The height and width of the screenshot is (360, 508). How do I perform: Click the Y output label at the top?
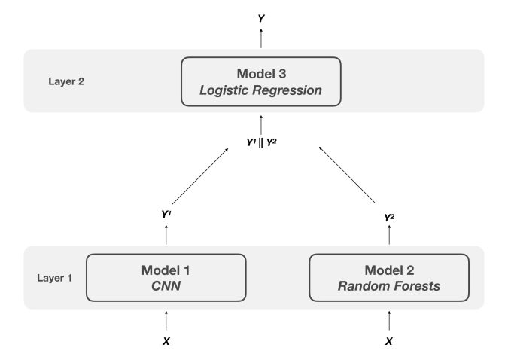pos(261,19)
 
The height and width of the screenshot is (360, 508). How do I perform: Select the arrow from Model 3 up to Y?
pos(261,38)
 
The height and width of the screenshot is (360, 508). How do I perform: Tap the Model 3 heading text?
pos(261,74)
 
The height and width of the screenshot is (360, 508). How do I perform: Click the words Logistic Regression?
pos(261,90)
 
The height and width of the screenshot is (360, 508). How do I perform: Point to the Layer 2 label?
pos(66,81)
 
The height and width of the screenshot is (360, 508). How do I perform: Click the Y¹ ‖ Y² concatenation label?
pos(261,142)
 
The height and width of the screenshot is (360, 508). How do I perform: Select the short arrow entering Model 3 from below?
pos(261,125)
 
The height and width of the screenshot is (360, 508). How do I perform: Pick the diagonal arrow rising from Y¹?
pos(200,176)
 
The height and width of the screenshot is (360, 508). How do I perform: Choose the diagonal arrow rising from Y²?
pos(347,175)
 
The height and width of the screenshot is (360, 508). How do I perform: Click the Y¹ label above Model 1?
pos(166,215)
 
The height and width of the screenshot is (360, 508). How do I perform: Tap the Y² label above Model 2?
pos(389,218)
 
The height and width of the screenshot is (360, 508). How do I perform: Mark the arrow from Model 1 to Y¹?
pos(166,235)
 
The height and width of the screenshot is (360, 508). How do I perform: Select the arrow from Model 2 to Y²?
pos(389,235)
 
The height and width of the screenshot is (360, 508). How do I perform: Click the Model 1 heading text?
pos(166,270)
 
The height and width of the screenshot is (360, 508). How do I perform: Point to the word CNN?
pos(166,286)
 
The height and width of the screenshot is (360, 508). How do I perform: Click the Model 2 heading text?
pos(389,270)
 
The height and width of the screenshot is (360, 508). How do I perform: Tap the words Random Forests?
pos(389,286)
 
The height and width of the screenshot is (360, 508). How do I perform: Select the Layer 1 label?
pos(54,278)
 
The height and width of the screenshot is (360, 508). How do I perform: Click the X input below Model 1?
pos(166,341)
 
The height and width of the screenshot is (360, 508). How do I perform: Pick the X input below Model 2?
pos(389,341)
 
